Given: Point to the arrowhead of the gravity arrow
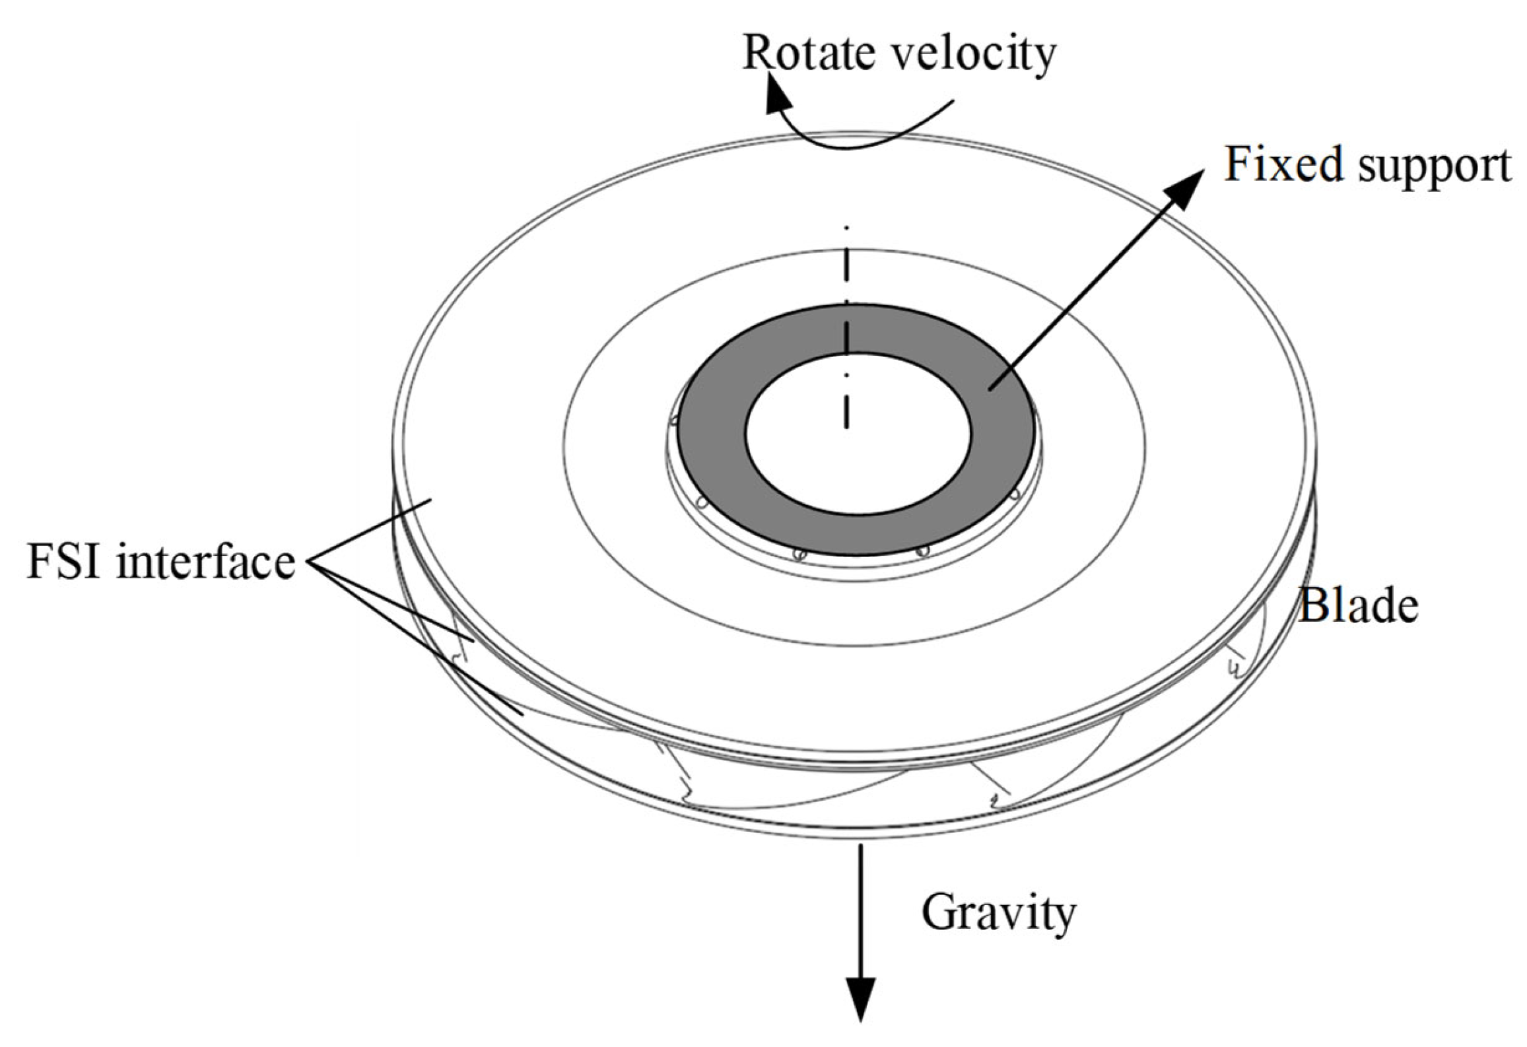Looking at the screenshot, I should pos(860,1017).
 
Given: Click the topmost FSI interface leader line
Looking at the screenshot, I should pos(370,531).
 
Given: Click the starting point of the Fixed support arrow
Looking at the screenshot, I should pos(990,389).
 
